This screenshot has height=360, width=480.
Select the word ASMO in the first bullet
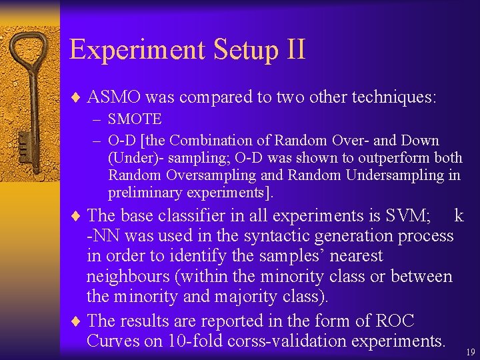pyautogui.click(x=114, y=97)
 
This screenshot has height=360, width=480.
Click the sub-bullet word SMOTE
pyautogui.click(x=135, y=120)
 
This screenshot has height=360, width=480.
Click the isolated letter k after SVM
pyautogui.click(x=459, y=215)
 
